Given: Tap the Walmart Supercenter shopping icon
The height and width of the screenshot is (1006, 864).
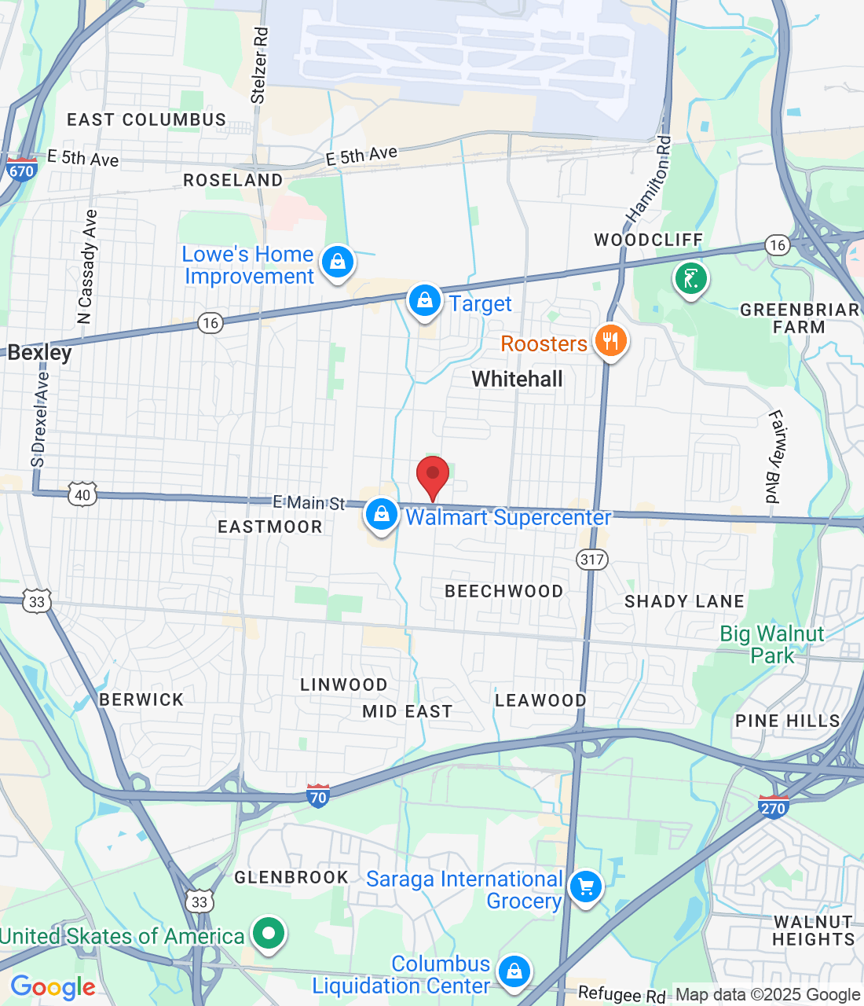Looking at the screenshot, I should [382, 515].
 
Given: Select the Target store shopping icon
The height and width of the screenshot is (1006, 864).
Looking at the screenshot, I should [425, 301].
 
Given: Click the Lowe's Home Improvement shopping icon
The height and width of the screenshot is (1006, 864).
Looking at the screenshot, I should [338, 262].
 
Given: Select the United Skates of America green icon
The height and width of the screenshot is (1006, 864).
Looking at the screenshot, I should [269, 934].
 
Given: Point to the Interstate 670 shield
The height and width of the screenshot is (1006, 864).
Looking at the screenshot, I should [21, 170].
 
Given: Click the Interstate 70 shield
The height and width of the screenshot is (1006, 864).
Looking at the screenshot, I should [318, 797].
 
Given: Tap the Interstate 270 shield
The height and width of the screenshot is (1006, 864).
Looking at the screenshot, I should [773, 807].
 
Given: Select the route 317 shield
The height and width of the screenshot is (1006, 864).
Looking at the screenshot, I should [592, 560].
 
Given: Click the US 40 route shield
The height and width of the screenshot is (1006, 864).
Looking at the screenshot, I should [82, 494].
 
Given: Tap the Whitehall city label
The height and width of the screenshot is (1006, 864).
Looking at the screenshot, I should [517, 379].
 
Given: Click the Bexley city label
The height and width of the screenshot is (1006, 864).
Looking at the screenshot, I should [39, 353].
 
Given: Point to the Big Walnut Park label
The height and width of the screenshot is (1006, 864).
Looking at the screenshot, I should [772, 644].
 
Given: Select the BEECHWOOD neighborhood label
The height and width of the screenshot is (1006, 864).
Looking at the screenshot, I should [503, 591].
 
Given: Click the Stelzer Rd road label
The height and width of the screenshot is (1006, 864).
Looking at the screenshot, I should [259, 66].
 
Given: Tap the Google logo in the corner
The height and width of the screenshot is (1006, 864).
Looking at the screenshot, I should [53, 987].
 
